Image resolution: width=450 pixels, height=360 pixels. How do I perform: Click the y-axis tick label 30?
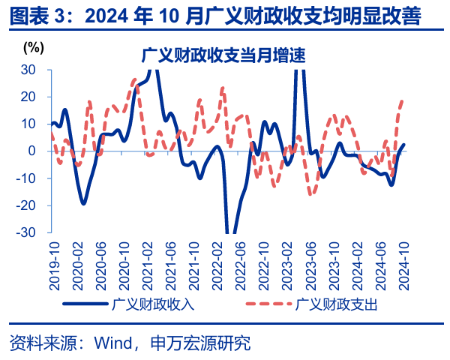click(x=27, y=69)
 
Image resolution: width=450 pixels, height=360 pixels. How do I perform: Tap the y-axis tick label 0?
click(x=31, y=151)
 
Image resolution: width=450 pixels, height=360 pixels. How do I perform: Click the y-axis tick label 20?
click(x=27, y=97)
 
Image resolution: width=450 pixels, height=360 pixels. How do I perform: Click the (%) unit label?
click(x=34, y=47)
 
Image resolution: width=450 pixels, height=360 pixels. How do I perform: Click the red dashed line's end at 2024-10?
click(x=403, y=100)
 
